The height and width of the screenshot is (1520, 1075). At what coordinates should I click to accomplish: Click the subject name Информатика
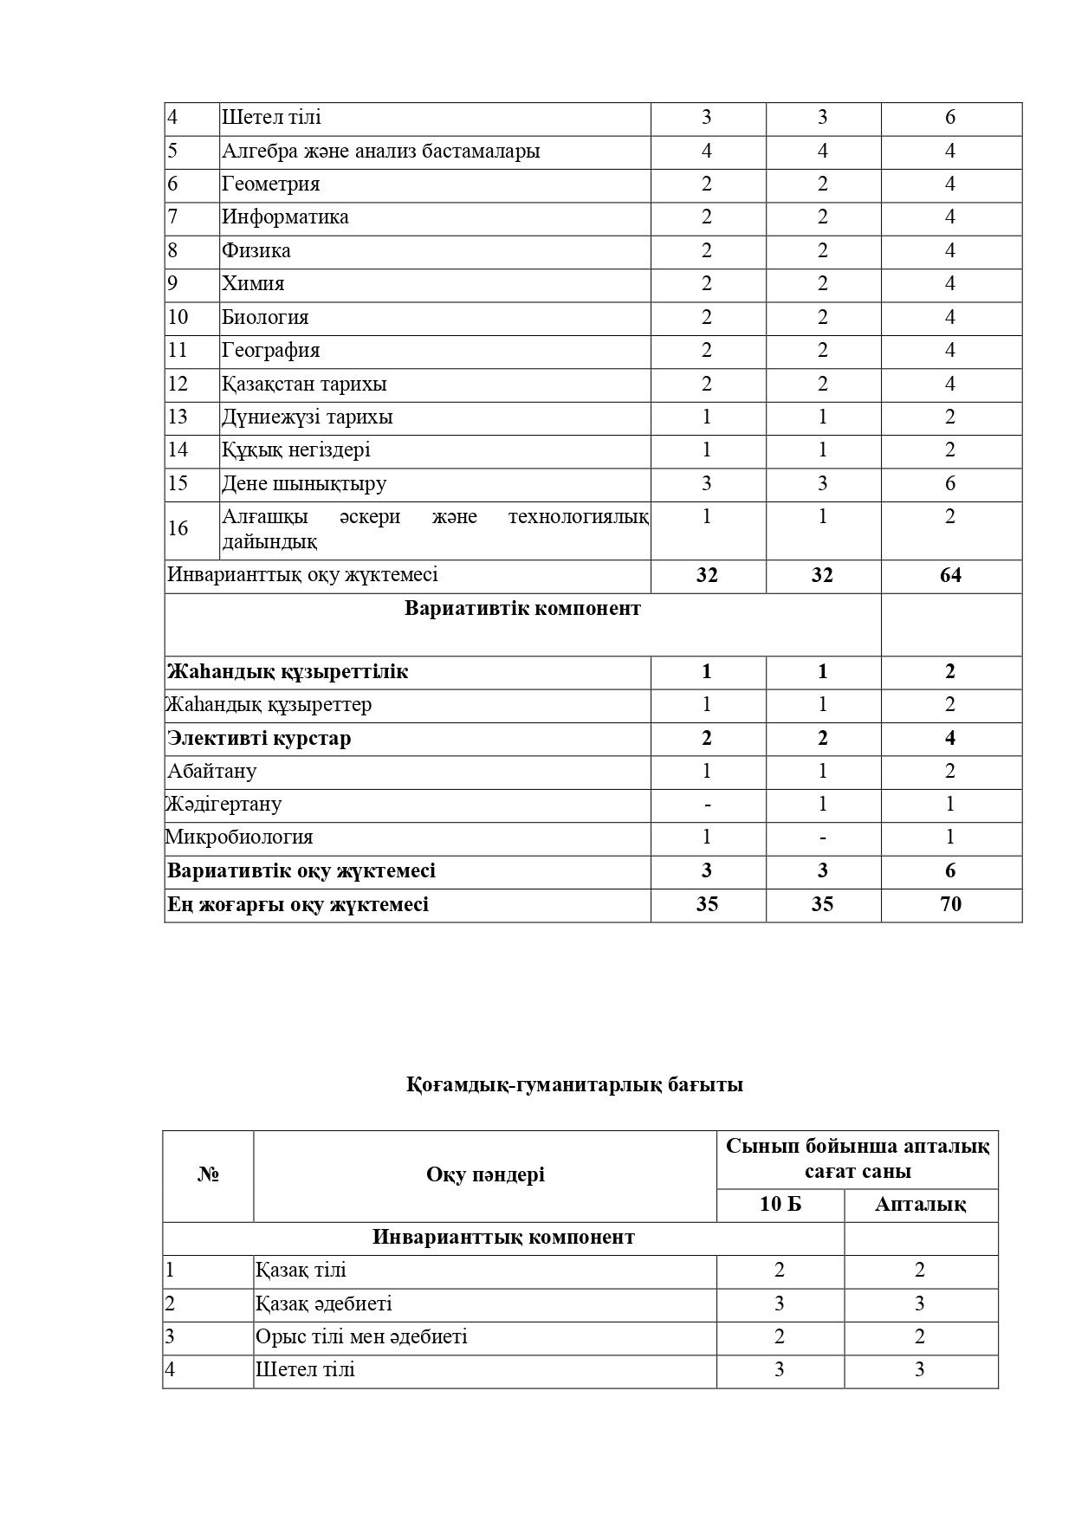click(285, 217)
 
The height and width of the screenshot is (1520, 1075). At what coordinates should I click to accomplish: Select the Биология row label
click(265, 317)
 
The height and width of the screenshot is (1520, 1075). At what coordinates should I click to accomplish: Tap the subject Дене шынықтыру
click(304, 483)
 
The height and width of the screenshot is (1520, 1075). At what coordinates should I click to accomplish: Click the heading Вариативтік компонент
click(522, 609)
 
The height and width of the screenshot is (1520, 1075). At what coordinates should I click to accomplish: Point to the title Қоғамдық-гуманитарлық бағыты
click(574, 1084)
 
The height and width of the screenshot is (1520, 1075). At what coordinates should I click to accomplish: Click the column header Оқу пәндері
click(485, 1175)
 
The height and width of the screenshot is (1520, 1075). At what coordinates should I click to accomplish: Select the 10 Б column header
click(780, 1205)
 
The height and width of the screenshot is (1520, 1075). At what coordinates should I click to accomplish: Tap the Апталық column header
click(920, 1205)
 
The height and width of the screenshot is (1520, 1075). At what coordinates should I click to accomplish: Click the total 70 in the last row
click(950, 904)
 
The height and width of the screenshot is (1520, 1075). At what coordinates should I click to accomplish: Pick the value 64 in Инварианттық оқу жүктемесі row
click(950, 576)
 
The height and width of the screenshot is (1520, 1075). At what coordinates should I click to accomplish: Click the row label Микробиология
click(239, 838)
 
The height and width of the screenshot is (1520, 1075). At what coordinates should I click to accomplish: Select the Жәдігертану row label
click(223, 805)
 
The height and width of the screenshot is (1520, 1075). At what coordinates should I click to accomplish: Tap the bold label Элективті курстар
click(259, 739)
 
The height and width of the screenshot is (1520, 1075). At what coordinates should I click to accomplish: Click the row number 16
click(178, 528)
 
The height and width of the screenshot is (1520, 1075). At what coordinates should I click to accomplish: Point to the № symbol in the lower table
click(208, 1175)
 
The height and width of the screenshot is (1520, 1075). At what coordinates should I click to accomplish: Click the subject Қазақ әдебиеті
click(323, 1304)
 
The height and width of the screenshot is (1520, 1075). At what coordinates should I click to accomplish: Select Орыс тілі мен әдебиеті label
click(361, 1337)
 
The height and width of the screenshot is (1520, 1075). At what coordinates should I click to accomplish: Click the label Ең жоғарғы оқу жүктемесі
click(298, 905)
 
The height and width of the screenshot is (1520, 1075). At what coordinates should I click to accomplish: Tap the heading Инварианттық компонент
click(503, 1238)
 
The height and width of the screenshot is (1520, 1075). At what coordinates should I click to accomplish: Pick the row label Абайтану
click(212, 772)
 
